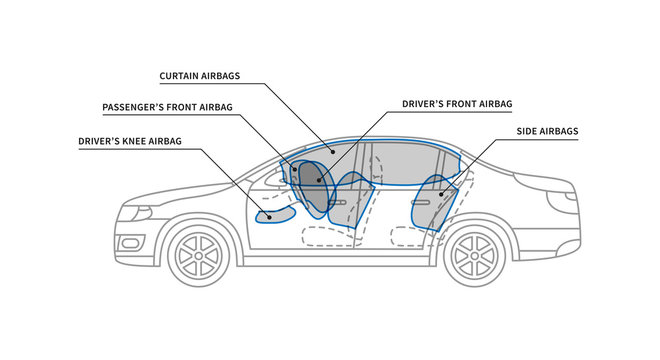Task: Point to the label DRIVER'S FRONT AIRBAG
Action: pyautogui.click(x=456, y=103)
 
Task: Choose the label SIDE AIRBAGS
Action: pyautogui.click(x=547, y=131)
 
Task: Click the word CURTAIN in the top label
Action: pyautogui.click(x=181, y=75)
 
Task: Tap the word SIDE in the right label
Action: pyautogui.click(x=529, y=131)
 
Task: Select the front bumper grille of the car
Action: pyautogui.click(x=130, y=243)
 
